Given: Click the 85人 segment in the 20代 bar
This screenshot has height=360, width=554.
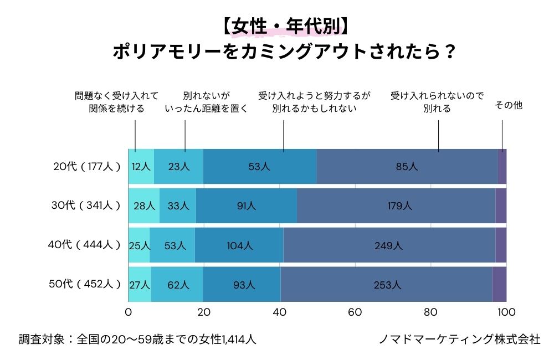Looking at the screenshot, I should coord(407,166).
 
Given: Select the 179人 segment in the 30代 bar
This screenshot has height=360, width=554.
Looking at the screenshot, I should coord(396,205).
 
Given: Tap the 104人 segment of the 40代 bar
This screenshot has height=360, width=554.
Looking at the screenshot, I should coord(239,245).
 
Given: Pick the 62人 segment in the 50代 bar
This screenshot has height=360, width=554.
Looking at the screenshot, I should coord(177,285).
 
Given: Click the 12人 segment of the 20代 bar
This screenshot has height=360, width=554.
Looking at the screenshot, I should coord(141,166).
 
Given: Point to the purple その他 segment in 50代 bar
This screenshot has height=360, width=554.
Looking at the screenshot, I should coord(499,285).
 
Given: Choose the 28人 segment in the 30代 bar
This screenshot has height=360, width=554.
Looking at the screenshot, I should coord(144,205).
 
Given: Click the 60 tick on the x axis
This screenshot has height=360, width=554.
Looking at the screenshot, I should coord(355,312).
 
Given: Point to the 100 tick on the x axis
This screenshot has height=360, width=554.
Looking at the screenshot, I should coord(506,312).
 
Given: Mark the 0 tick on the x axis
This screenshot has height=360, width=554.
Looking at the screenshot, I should coord(129,312).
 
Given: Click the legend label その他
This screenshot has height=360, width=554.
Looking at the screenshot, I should coord(508,105).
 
